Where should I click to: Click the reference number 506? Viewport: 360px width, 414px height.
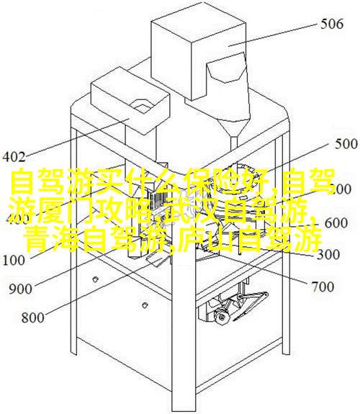point(332,24)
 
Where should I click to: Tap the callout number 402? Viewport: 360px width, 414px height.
point(14,157)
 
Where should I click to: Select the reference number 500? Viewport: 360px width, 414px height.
point(346,145)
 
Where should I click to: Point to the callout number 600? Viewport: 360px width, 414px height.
point(336,223)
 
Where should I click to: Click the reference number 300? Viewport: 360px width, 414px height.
point(328,255)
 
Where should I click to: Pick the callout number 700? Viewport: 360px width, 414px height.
point(323,287)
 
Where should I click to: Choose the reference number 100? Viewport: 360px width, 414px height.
point(14,261)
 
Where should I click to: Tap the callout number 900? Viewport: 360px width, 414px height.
point(20,289)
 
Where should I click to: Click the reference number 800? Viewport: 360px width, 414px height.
point(32,318)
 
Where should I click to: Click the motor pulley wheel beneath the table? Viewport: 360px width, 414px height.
point(221,317)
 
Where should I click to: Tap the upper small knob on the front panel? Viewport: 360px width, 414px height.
point(95,279)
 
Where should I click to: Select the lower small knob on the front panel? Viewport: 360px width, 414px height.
point(144,305)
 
